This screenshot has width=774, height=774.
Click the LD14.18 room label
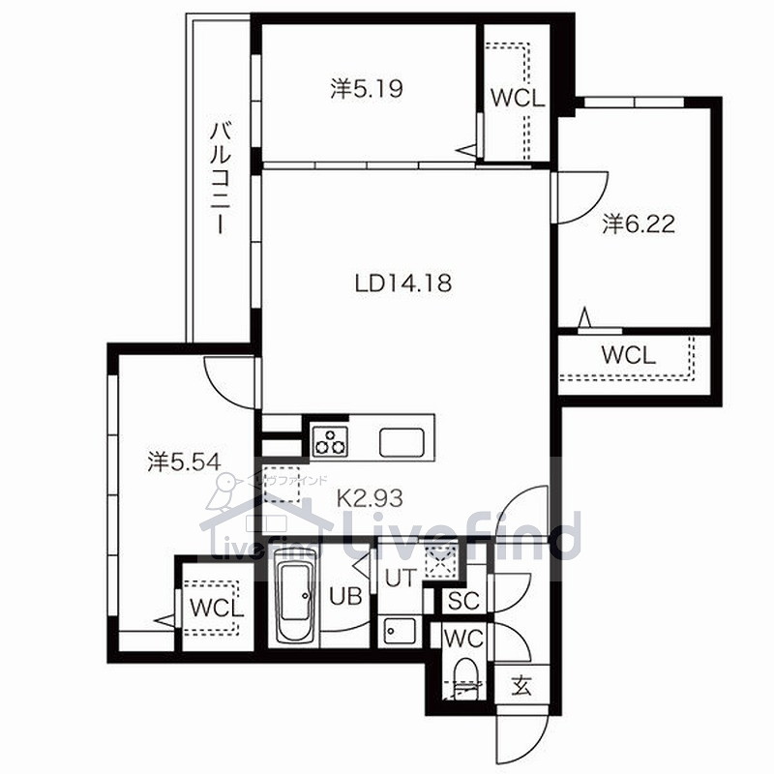click(x=403, y=283)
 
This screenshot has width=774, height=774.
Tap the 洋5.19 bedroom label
click(x=367, y=89)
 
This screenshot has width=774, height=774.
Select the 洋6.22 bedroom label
click(x=639, y=224)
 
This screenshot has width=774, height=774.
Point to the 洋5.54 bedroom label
click(x=184, y=462)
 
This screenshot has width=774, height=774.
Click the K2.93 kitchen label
click(x=370, y=498)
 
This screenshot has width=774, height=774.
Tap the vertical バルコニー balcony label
click(x=221, y=178)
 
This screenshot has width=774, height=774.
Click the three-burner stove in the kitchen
click(x=330, y=440)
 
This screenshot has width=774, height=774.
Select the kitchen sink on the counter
click(x=402, y=442)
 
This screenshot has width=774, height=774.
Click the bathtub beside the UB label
click(x=295, y=603)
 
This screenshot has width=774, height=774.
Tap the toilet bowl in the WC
click(x=464, y=677)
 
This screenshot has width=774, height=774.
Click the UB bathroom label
click(x=345, y=596)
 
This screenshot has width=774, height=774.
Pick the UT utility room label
click(x=401, y=578)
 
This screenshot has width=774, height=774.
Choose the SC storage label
click(x=463, y=600)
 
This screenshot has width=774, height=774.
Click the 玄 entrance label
click(x=521, y=686)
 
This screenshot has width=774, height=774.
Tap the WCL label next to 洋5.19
click(x=518, y=99)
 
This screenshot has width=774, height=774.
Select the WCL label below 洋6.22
click(x=629, y=355)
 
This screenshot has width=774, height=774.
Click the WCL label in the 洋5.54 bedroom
click(x=217, y=609)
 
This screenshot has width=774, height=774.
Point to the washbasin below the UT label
click(x=401, y=631)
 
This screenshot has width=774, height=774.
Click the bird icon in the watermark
click(x=223, y=491)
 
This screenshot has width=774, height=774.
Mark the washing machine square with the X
click(x=441, y=561)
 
